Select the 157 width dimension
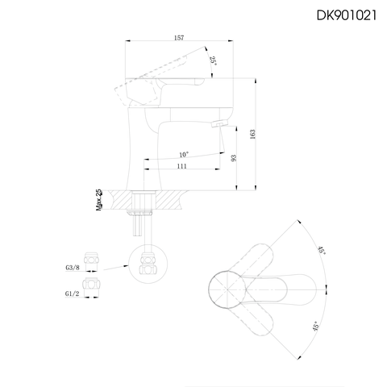pos(177,36)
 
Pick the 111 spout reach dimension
pos(182,165)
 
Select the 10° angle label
pos(184,154)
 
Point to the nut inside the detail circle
pos(148,263)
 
